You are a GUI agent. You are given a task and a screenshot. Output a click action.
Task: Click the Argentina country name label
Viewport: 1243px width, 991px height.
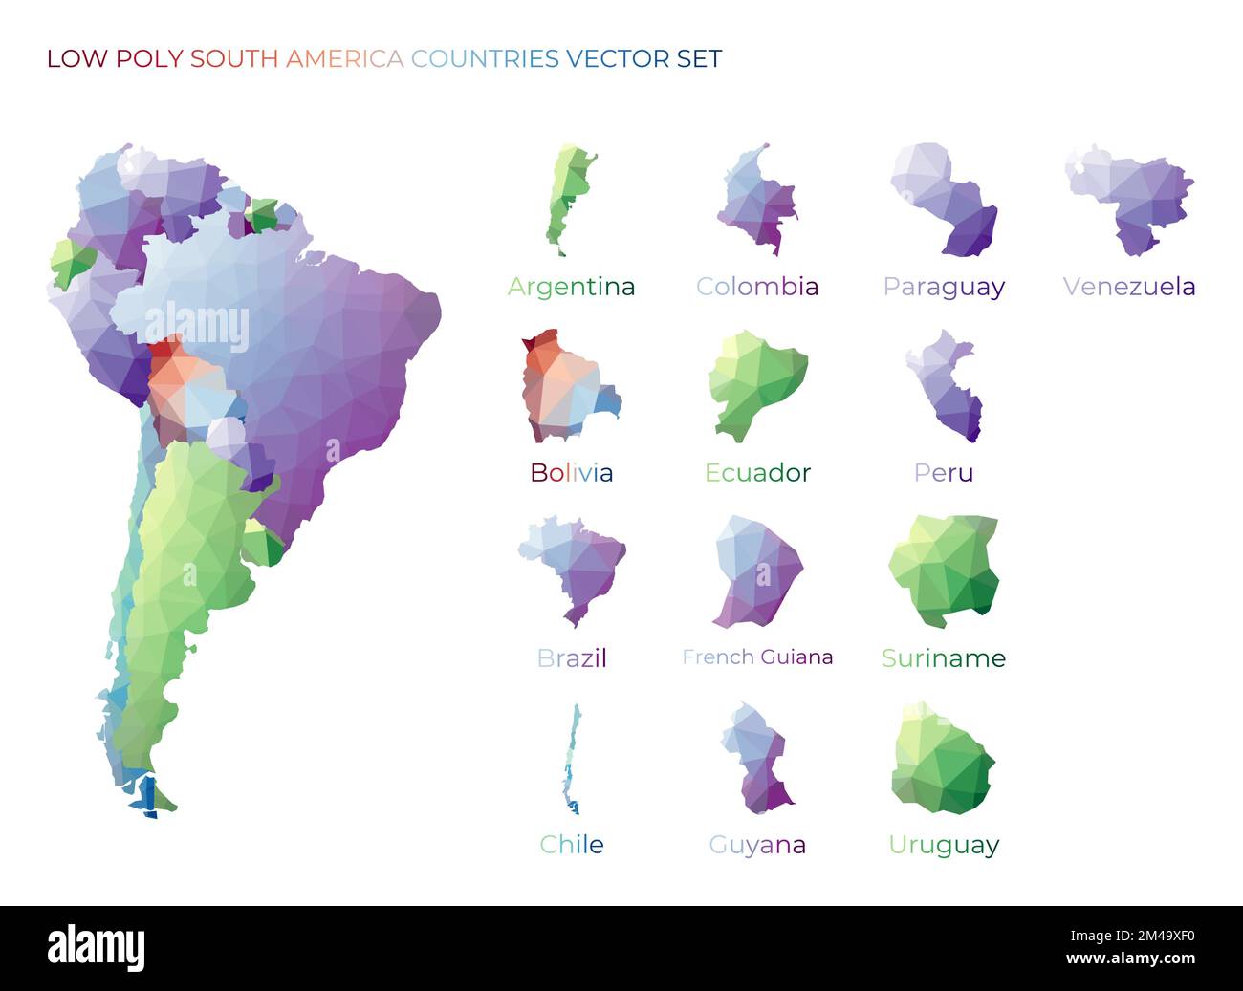click(x=571, y=287)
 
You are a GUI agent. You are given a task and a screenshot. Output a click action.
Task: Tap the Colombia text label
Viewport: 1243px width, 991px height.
click(x=757, y=287)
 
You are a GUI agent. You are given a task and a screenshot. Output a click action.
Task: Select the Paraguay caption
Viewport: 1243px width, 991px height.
click(x=944, y=287)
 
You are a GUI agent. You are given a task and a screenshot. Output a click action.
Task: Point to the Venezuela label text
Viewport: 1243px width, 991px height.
click(x=1129, y=287)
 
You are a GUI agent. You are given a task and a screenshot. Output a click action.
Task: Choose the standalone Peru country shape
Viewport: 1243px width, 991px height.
click(x=946, y=387)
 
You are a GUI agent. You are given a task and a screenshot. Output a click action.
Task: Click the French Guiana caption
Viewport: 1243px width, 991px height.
click(x=757, y=657)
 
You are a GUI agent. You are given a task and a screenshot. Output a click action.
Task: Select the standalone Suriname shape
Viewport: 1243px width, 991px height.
click(x=944, y=570)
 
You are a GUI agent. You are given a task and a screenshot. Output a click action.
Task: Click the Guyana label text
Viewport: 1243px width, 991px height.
click(x=757, y=845)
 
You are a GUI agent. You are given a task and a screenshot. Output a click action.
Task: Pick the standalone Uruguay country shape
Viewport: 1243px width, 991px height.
click(x=942, y=761)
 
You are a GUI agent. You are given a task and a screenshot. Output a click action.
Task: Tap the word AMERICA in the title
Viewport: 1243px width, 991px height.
click(x=344, y=59)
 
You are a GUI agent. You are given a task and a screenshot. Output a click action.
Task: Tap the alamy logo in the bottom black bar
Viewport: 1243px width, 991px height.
click(x=97, y=948)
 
